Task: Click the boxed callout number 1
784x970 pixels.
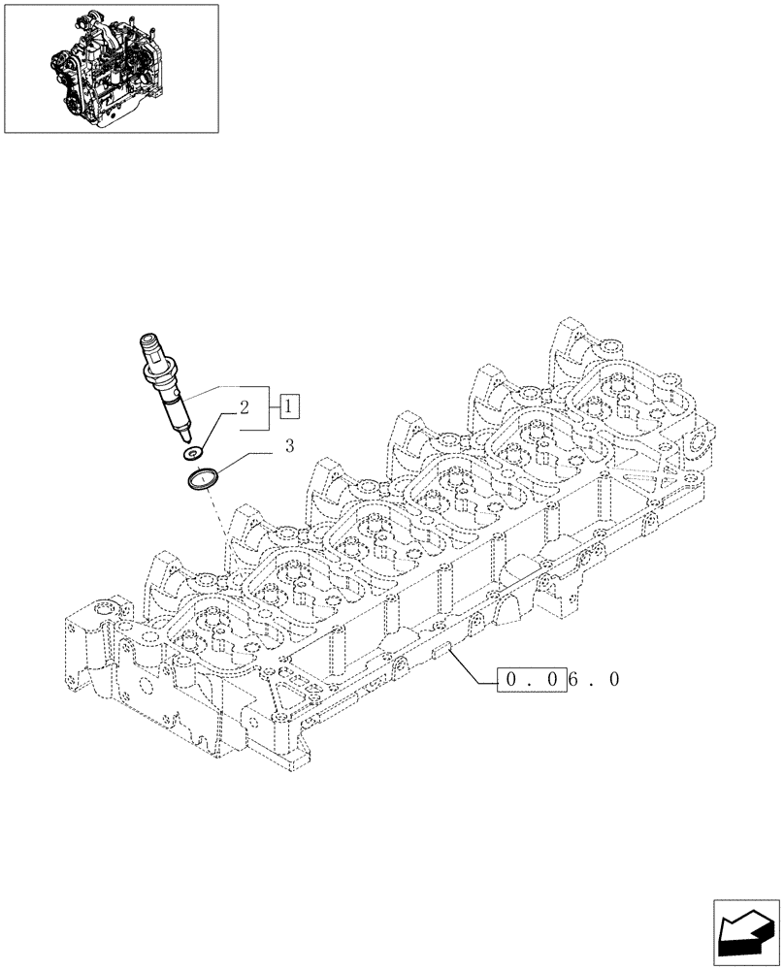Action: tap(290, 406)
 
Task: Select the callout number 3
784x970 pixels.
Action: tap(288, 447)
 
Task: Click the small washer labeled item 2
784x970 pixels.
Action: tap(193, 453)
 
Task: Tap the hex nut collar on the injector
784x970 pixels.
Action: tap(159, 369)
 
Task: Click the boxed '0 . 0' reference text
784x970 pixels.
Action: tap(530, 680)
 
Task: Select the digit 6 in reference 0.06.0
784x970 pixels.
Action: tap(574, 680)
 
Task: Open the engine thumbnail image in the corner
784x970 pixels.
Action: tap(111, 68)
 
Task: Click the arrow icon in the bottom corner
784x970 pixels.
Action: tap(746, 932)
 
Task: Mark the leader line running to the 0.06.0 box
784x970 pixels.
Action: tap(475, 668)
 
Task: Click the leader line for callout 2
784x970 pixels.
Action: tap(218, 424)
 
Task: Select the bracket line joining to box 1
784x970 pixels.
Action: tap(267, 406)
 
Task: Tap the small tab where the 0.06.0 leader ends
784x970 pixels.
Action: tap(443, 649)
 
